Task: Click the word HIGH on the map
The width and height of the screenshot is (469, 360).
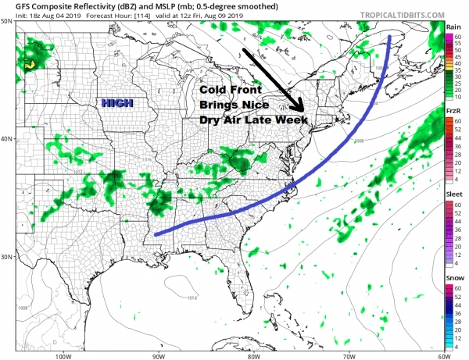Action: tap(116, 103)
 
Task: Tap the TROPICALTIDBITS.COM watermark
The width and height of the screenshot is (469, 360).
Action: tap(397, 14)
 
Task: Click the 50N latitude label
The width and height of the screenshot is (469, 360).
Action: tap(8, 22)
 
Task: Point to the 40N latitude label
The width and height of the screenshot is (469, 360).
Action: tap(8, 139)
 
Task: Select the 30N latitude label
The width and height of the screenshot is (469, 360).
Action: tap(8, 257)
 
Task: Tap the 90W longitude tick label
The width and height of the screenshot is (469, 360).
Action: tap(159, 355)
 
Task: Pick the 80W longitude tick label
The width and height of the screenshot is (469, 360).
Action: tap(253, 355)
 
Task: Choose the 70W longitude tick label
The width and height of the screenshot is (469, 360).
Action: tap(348, 355)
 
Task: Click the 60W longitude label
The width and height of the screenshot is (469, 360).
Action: tap(442, 355)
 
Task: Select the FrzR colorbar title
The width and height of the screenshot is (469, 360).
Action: tap(453, 112)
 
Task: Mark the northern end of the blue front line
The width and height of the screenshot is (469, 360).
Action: tap(389, 36)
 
